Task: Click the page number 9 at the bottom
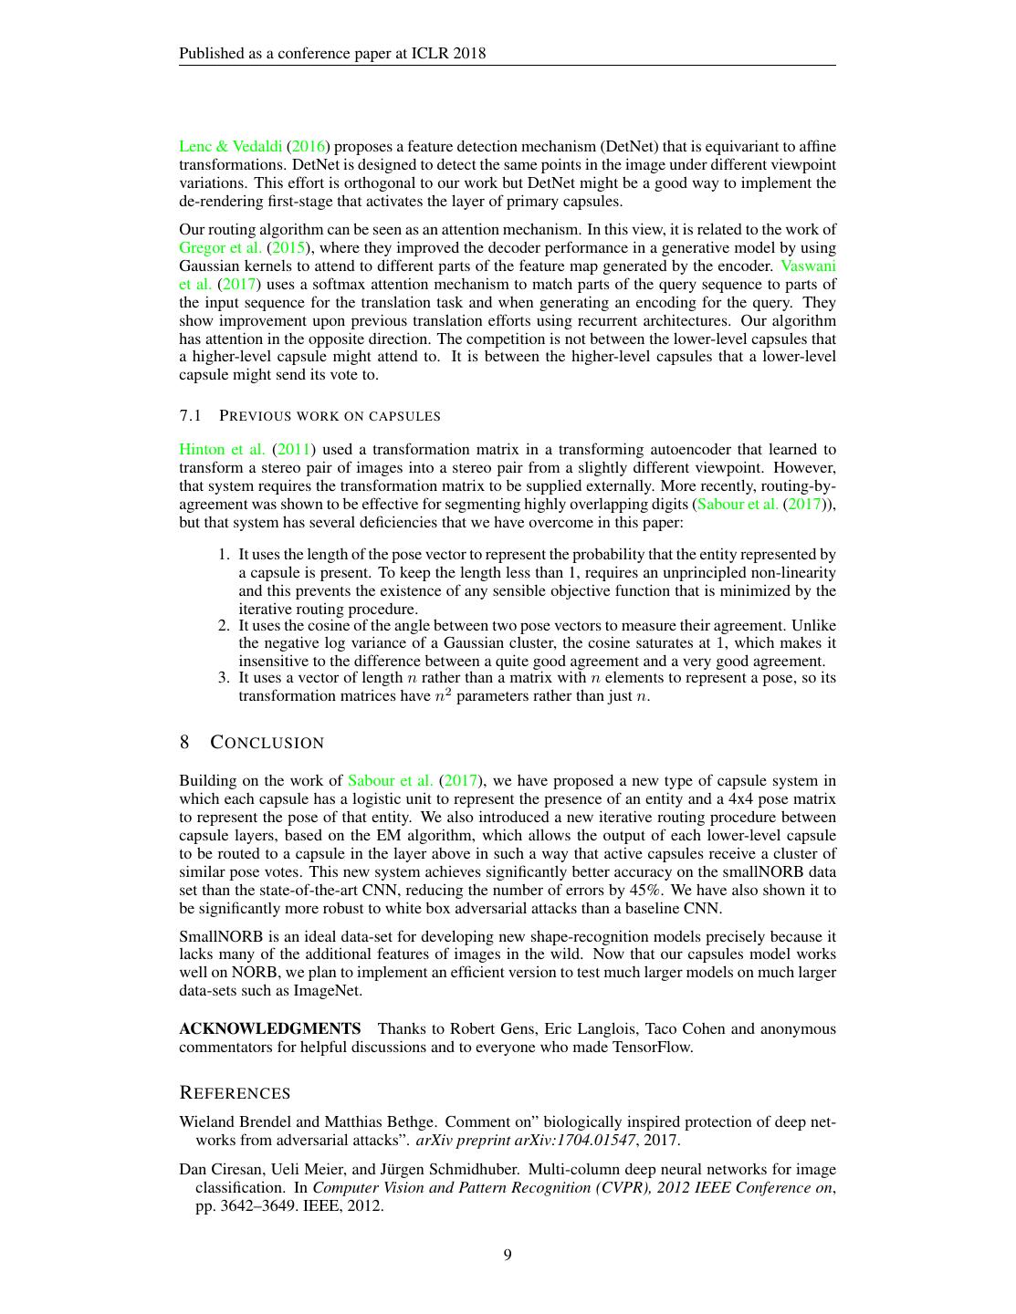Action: click(508, 1255)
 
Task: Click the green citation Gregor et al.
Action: click(220, 247)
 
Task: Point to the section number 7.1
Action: click(190, 416)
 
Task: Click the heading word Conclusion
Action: click(267, 743)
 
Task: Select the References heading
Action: click(235, 1093)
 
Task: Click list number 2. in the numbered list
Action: click(224, 625)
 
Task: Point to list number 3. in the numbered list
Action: click(224, 677)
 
